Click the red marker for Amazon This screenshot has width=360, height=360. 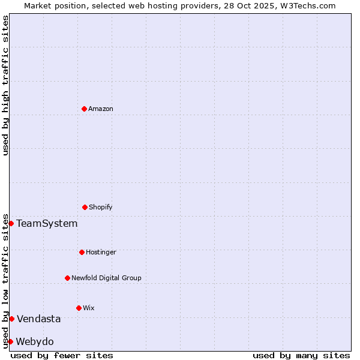tap(84, 109)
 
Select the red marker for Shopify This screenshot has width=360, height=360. tap(85, 207)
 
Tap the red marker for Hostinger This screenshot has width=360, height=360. tap(82, 252)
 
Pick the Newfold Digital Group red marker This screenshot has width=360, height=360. tap(67, 278)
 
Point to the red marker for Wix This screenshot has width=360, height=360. tap(79, 308)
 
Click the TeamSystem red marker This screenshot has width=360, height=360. tap(11, 223)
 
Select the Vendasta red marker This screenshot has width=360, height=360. tap(11, 319)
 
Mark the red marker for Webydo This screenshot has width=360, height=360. tap(10, 341)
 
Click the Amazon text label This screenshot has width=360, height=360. tap(101, 109)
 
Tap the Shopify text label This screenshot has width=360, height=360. tap(101, 207)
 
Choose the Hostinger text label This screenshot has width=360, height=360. tap(101, 252)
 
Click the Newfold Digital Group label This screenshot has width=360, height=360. tap(106, 278)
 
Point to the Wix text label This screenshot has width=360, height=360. tap(89, 308)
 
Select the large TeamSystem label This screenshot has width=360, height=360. tap(47, 223)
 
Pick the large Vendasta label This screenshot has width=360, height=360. tap(38, 319)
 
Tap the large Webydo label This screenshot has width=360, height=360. tap(35, 341)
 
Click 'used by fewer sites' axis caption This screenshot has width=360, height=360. tap(62, 355)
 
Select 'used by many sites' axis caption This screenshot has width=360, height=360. tap(301, 355)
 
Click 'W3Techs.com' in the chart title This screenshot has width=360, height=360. tap(306, 5)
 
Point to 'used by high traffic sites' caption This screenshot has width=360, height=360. tap(5, 85)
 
